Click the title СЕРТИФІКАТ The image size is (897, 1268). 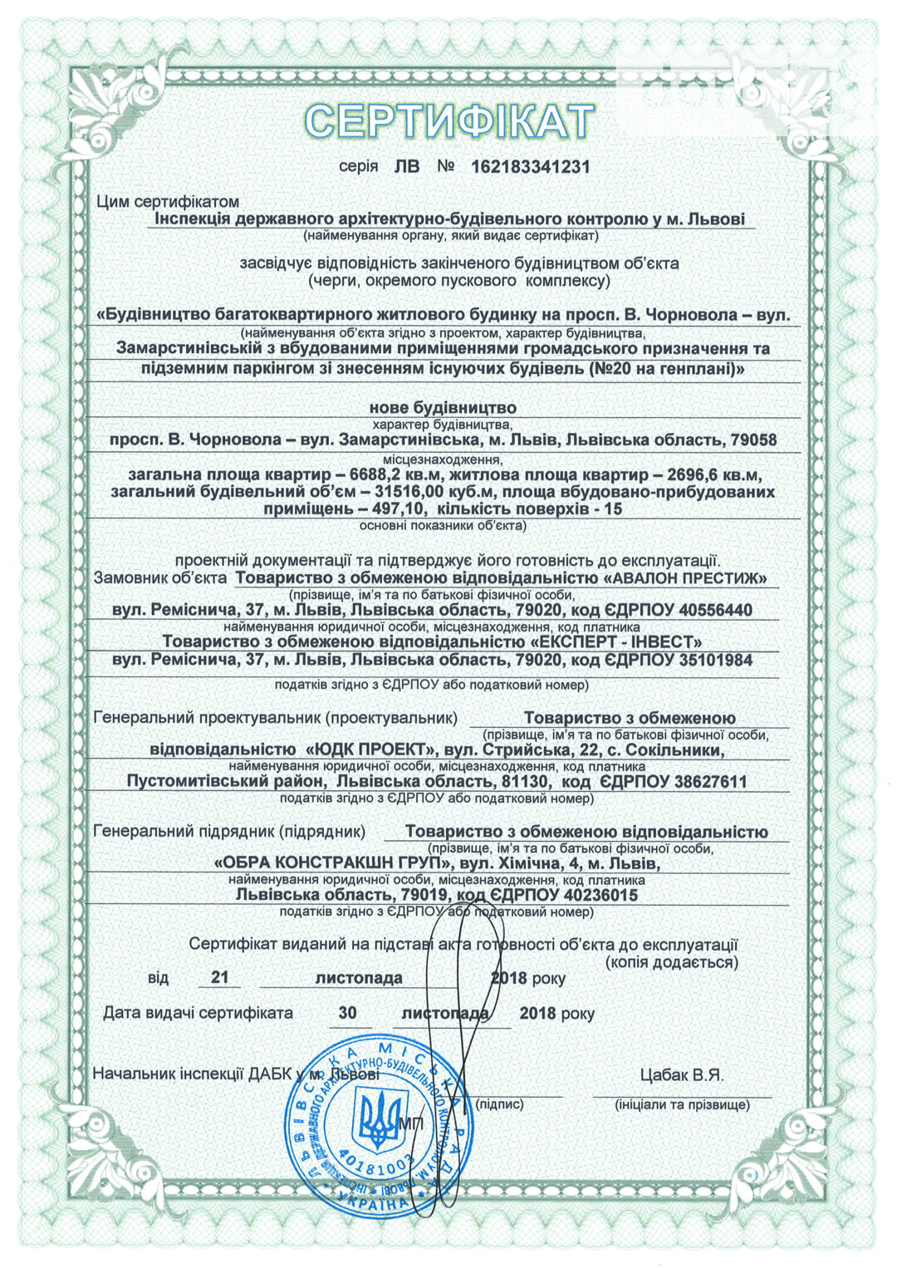(x=448, y=120)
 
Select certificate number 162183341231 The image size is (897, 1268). (x=530, y=167)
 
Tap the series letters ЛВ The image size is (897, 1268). (x=406, y=167)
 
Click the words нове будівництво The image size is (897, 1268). (x=443, y=408)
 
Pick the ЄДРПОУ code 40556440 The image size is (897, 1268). (x=715, y=611)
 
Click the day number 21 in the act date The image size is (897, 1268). (x=219, y=977)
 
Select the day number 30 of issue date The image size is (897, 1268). (x=347, y=1013)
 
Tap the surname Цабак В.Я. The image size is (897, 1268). (x=682, y=1075)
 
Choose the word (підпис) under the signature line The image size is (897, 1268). (x=499, y=1104)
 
